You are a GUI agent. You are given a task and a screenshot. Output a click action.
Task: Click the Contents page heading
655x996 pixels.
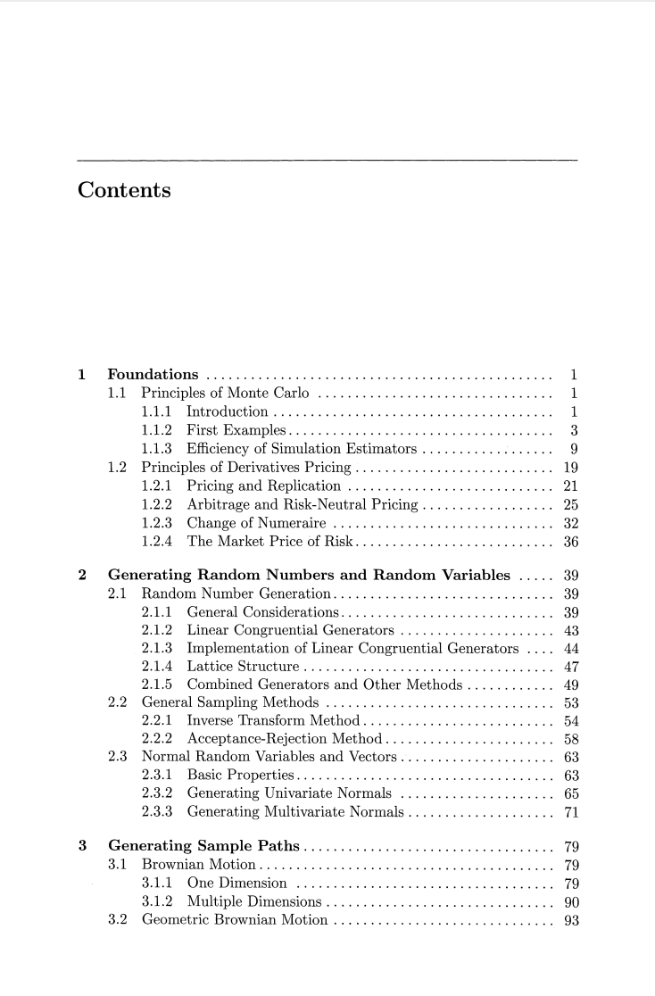tap(125, 190)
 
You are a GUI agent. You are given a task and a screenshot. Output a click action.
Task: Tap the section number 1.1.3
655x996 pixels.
tap(158, 449)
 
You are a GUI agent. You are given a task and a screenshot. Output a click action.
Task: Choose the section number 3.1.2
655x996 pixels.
tap(158, 904)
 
